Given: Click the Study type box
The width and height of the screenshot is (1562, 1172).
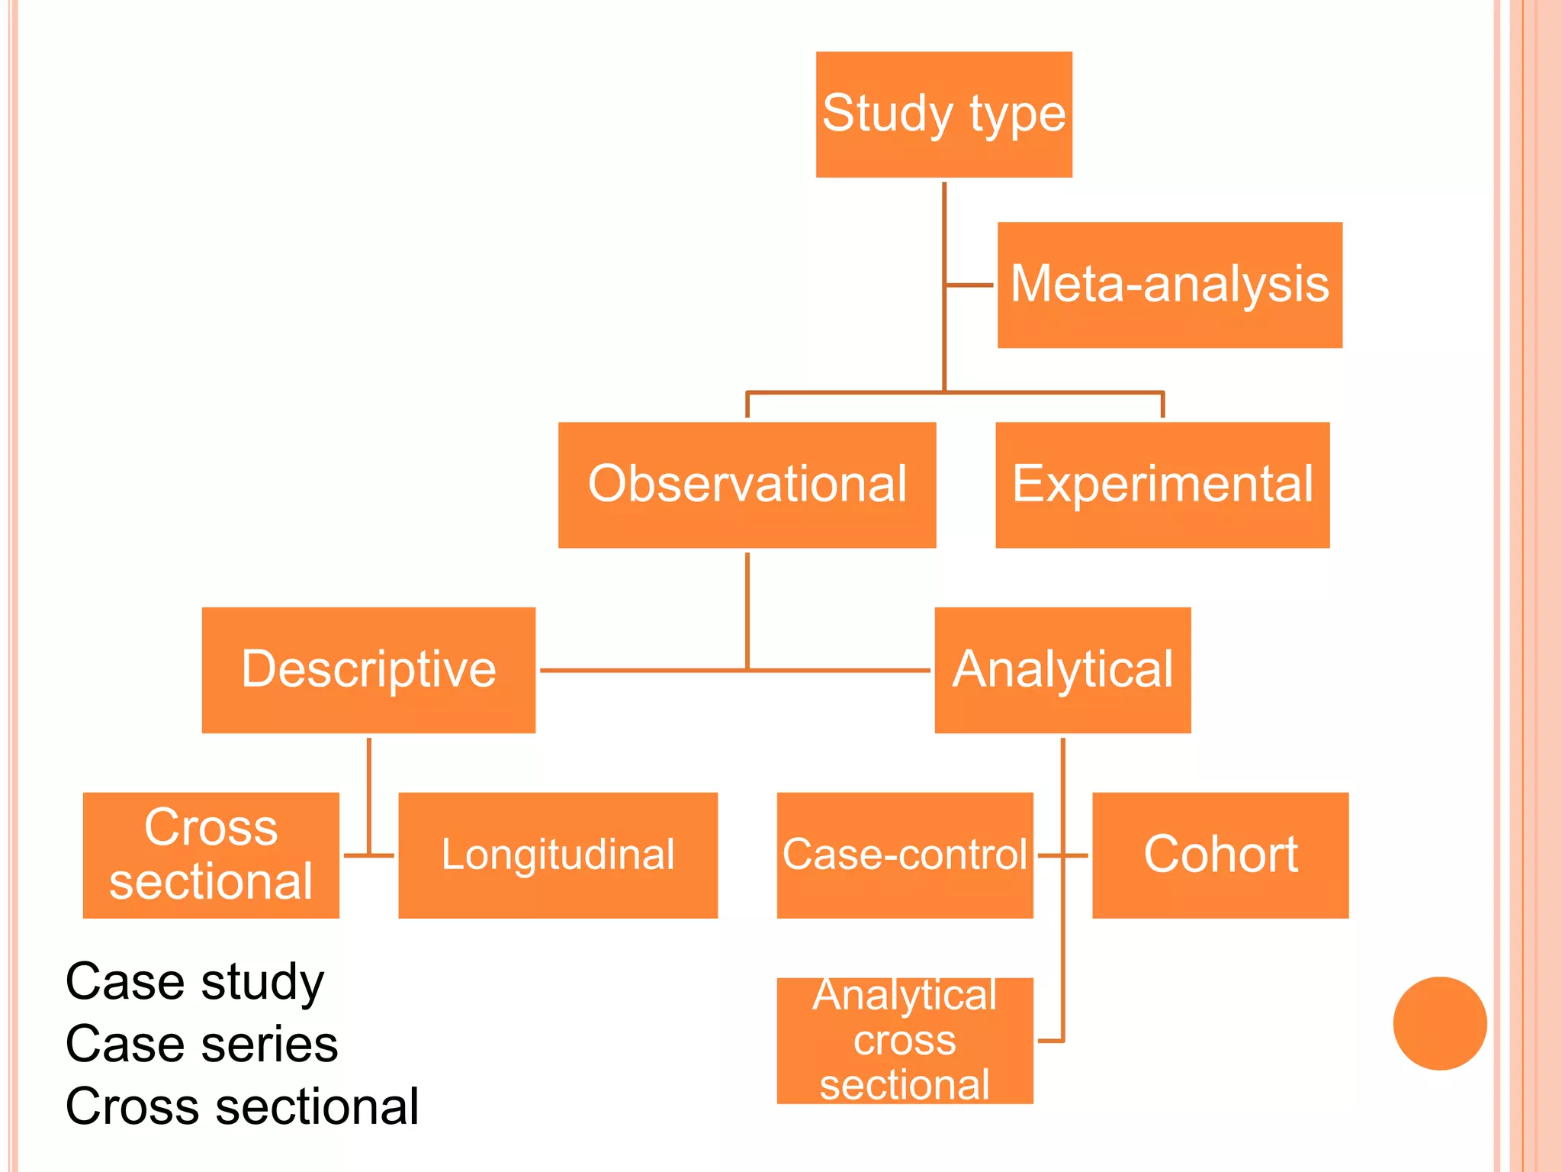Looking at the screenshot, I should pyautogui.click(x=943, y=114).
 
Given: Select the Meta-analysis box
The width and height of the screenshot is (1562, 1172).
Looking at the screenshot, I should pyautogui.click(x=1169, y=285).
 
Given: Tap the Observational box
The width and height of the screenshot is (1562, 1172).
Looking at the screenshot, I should pyautogui.click(x=747, y=485).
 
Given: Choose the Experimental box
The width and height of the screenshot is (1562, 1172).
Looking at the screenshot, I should pyautogui.click(x=1162, y=485).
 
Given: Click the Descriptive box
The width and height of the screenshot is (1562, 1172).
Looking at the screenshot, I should pyautogui.click(x=368, y=670).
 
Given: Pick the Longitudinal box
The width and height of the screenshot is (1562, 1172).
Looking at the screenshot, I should pyautogui.click(x=558, y=855).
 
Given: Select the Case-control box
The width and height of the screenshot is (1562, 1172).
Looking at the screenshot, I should pyautogui.click(x=905, y=855).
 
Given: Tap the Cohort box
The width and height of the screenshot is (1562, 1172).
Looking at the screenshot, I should pyautogui.click(x=1220, y=855).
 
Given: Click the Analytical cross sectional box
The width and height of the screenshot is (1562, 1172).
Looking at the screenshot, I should pyautogui.click(x=905, y=1040).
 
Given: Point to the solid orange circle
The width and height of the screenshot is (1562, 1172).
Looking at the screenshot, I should pyautogui.click(x=1439, y=1023).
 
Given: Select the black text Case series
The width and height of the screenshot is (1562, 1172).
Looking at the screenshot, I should pyautogui.click(x=201, y=1044).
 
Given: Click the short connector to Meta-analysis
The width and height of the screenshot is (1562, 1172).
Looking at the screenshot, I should pyautogui.click(x=969, y=285).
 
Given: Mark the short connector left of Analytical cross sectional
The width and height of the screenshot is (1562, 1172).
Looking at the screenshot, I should pyautogui.click(x=1050, y=1040).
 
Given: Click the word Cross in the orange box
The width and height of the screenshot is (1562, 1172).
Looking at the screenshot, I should pyautogui.click(x=211, y=827).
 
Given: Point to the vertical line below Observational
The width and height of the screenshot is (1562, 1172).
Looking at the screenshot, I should pyautogui.click(x=747, y=610).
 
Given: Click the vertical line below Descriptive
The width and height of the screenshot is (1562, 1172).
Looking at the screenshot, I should pyautogui.click(x=368, y=794).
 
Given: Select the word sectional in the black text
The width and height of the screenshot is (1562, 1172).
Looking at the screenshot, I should pyautogui.click(x=317, y=1106).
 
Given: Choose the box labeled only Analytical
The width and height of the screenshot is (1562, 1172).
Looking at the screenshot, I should pyautogui.click(x=1062, y=670).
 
